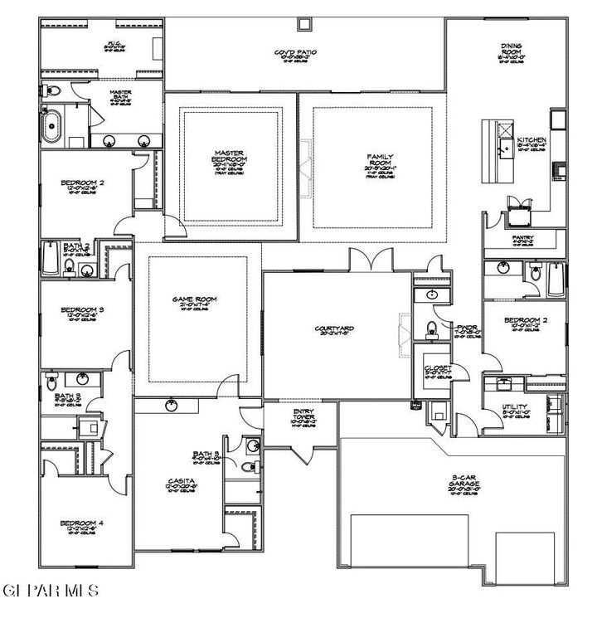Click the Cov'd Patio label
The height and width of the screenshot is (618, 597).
click(x=296, y=53)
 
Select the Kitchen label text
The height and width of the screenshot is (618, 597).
click(x=531, y=139)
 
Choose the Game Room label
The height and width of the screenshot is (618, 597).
click(x=189, y=299)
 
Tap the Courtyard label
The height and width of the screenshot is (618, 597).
click(x=334, y=328)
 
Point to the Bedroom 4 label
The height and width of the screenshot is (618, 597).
click(x=81, y=523)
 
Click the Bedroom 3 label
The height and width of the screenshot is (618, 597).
click(x=81, y=311)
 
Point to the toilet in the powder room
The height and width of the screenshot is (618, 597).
click(x=430, y=328)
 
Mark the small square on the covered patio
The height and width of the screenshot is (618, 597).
click(x=305, y=24)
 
